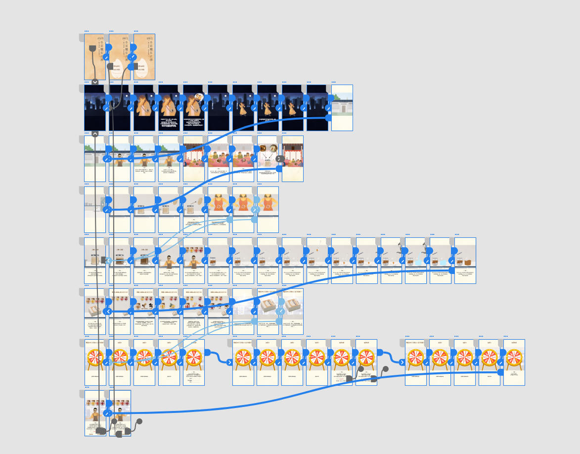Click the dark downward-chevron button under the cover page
point(95,82)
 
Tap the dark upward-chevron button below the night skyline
point(95,134)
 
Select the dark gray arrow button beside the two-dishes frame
point(280,159)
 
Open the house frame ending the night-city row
point(342,108)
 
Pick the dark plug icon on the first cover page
point(92,48)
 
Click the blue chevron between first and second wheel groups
point(229,363)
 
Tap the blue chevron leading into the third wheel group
point(402,363)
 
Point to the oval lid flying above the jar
point(200,201)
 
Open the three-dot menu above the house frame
point(334,82)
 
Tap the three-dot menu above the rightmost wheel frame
point(506,337)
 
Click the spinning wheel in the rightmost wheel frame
point(514,357)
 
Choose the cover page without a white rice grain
point(95,57)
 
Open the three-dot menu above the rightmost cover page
point(136,31)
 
